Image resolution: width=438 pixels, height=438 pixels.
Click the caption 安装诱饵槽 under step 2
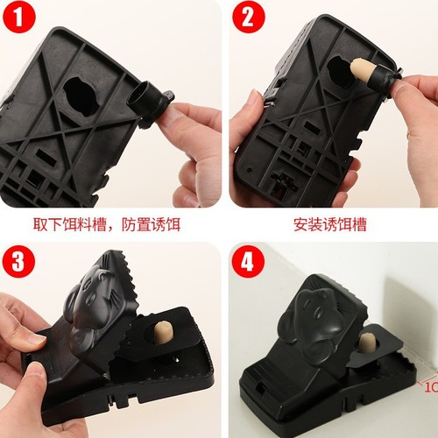click(x=329, y=225)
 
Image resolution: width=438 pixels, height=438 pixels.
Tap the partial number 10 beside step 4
click(x=430, y=385)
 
